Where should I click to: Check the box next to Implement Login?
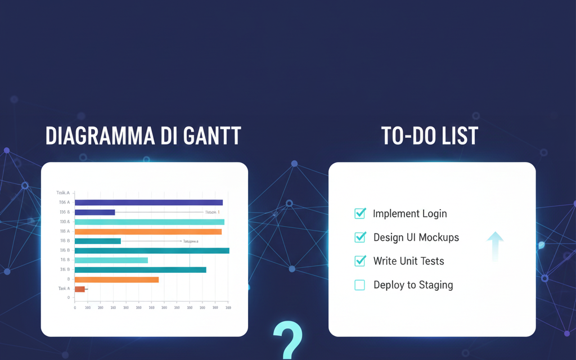point(360,213)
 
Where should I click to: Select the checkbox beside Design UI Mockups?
point(360,237)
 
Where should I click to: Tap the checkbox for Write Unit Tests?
point(360,260)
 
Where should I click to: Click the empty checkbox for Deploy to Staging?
point(360,285)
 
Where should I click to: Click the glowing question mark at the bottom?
point(287,340)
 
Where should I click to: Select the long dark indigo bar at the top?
point(148,202)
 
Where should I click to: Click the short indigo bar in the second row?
point(94,212)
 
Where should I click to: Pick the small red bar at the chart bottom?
point(80,289)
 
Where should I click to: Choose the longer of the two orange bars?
point(148,231)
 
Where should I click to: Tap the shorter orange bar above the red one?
point(116,280)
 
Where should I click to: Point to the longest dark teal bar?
point(152,250)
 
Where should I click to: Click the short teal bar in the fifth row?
point(97,241)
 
